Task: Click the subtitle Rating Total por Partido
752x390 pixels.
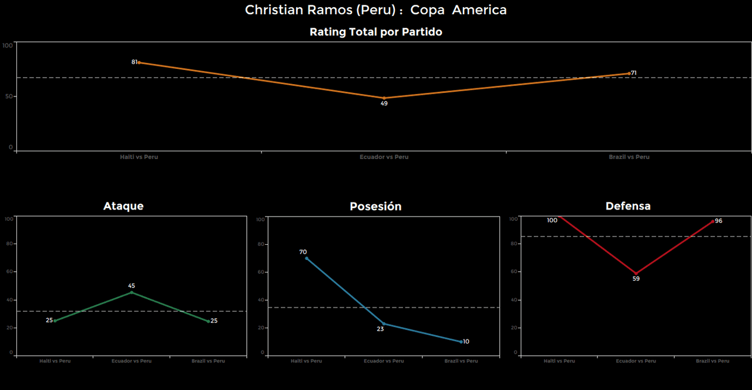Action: [x=375, y=32]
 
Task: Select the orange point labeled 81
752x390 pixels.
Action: [x=139, y=62]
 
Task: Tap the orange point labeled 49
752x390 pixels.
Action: [x=384, y=98]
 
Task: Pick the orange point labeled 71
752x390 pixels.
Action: [x=629, y=74]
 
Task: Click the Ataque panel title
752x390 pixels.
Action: [x=123, y=206]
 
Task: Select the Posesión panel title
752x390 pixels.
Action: [x=375, y=206]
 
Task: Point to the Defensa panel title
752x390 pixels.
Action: [x=628, y=206]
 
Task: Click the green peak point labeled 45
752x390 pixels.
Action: [x=132, y=292]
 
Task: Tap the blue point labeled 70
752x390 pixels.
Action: [x=307, y=258]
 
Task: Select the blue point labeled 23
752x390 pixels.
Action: [x=384, y=324]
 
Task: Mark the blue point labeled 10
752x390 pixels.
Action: [x=461, y=342]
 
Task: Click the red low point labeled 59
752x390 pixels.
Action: [x=636, y=274]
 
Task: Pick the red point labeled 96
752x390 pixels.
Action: [x=713, y=222]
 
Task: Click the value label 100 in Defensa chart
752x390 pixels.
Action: [x=552, y=221]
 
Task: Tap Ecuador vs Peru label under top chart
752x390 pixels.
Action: [x=384, y=157]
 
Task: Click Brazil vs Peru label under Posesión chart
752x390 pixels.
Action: [x=461, y=361]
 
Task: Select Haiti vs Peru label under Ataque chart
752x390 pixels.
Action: [x=55, y=361]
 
